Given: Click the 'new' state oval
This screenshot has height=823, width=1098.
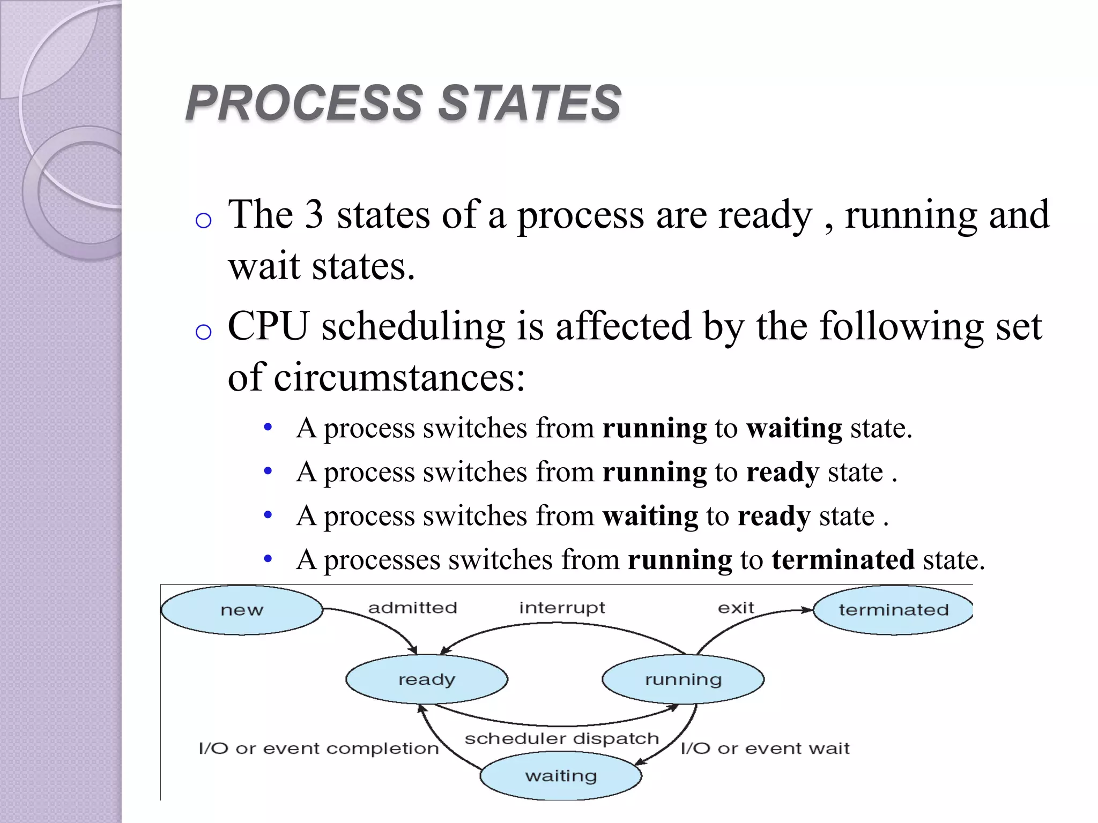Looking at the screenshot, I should point(242,610).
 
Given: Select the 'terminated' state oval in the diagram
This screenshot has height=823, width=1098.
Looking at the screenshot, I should point(893,610).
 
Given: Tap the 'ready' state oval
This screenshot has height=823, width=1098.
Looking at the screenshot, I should point(427,679).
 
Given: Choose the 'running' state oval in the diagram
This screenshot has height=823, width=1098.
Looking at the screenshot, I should point(683,679).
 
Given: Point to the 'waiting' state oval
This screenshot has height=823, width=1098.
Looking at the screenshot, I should point(561,775).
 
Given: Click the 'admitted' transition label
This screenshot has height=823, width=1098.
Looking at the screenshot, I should point(412,608).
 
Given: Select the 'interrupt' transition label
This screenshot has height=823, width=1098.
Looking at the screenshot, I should point(562,608).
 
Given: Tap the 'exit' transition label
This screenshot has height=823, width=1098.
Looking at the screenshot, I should point(736,608).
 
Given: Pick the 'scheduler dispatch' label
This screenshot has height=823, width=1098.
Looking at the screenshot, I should point(561,738).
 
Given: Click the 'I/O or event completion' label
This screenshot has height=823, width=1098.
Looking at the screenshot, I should point(318,748).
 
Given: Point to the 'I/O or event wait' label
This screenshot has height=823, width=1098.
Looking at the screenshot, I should point(765,748).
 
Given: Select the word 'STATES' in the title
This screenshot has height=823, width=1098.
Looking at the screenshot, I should point(530,103).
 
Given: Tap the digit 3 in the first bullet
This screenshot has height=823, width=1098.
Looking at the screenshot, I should point(314,215).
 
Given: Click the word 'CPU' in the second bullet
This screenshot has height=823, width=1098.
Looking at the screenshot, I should point(269,326).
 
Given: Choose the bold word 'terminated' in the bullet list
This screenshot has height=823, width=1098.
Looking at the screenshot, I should point(843,560).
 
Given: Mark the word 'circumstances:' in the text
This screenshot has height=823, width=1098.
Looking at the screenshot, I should point(399,377).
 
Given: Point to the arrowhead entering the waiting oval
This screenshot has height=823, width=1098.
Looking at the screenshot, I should point(639,762).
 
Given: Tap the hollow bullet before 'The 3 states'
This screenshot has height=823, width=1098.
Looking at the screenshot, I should point(204,221).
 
